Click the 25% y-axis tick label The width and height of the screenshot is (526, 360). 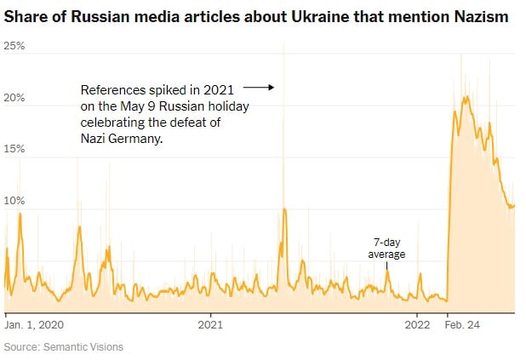click(x=14, y=45)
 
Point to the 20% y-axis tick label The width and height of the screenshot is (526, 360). click(x=14, y=98)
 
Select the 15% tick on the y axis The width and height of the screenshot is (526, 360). click(x=14, y=149)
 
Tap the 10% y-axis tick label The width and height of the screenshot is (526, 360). click(x=14, y=202)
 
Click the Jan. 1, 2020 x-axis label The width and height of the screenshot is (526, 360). click(x=35, y=324)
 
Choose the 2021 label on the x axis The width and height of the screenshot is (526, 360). click(x=210, y=324)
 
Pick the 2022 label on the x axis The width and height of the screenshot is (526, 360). click(x=417, y=324)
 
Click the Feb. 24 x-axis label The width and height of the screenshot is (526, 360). click(x=464, y=324)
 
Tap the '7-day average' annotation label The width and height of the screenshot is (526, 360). click(x=386, y=248)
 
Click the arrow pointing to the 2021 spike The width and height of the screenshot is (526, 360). click(x=257, y=87)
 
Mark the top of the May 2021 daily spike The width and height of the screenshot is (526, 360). click(x=283, y=45)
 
